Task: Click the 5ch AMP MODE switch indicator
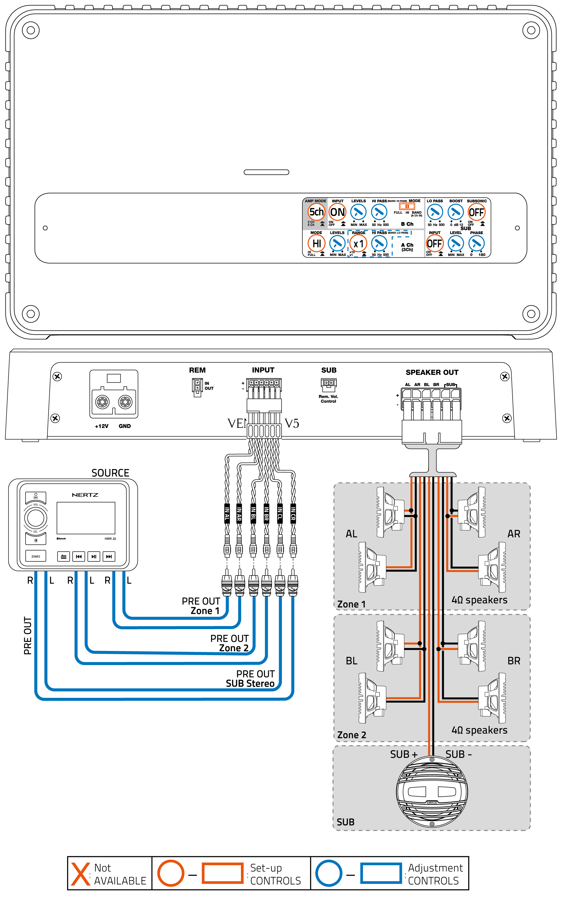pos(316,212)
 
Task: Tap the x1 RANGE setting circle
pos(358,244)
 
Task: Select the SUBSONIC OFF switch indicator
pos(476,212)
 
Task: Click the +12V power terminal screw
pos(102,402)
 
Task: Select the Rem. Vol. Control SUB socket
pos(328,384)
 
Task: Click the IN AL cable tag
pos(227,513)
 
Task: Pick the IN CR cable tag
pos(293,513)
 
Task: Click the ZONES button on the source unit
pos(36,556)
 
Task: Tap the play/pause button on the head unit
pos(93,556)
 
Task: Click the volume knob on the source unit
pos(36,518)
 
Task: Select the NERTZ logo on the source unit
pos(85,495)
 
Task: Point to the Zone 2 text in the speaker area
pos(351,735)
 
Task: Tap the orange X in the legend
pos(81,874)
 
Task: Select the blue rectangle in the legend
pos(381,873)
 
